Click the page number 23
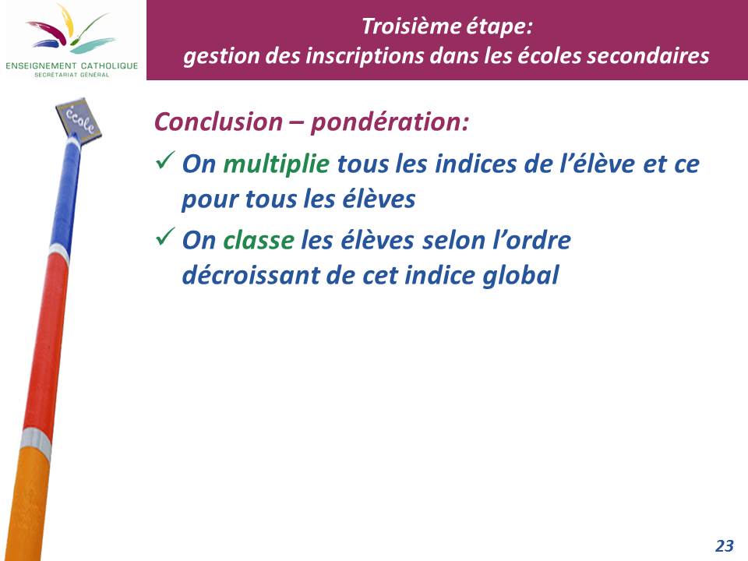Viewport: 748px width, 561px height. [x=724, y=545]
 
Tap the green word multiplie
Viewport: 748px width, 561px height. [x=276, y=164]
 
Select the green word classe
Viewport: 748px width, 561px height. [x=259, y=240]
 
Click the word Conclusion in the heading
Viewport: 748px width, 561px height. [x=218, y=122]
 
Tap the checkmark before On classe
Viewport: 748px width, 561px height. [x=165, y=236]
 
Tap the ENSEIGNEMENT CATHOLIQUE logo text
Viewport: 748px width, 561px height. [x=72, y=65]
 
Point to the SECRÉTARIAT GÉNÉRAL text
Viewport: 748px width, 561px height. [x=72, y=75]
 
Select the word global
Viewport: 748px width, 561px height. [x=520, y=276]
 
